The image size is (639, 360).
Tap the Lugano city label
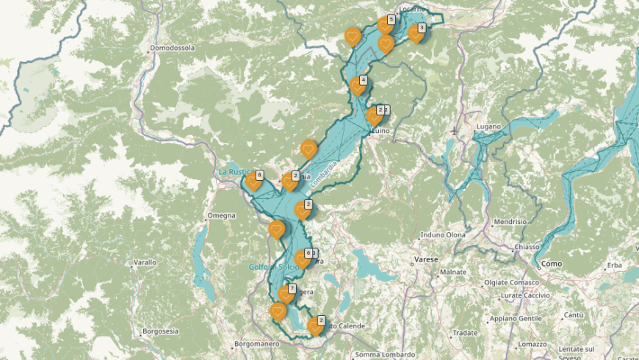click(488, 126)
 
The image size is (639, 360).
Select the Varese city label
click(426, 260)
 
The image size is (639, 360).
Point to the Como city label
click(552, 264)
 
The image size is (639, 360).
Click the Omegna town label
click(221, 215)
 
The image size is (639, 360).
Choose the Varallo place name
click(145, 262)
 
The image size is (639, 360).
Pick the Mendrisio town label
click(510, 221)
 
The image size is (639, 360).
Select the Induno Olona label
click(443, 235)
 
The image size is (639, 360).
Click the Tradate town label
click(466, 332)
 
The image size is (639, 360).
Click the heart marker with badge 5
click(385, 24)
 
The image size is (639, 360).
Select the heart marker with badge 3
click(416, 33)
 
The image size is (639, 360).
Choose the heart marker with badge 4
click(358, 85)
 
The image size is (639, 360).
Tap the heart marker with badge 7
click(286, 294)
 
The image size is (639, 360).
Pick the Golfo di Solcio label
click(271, 266)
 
